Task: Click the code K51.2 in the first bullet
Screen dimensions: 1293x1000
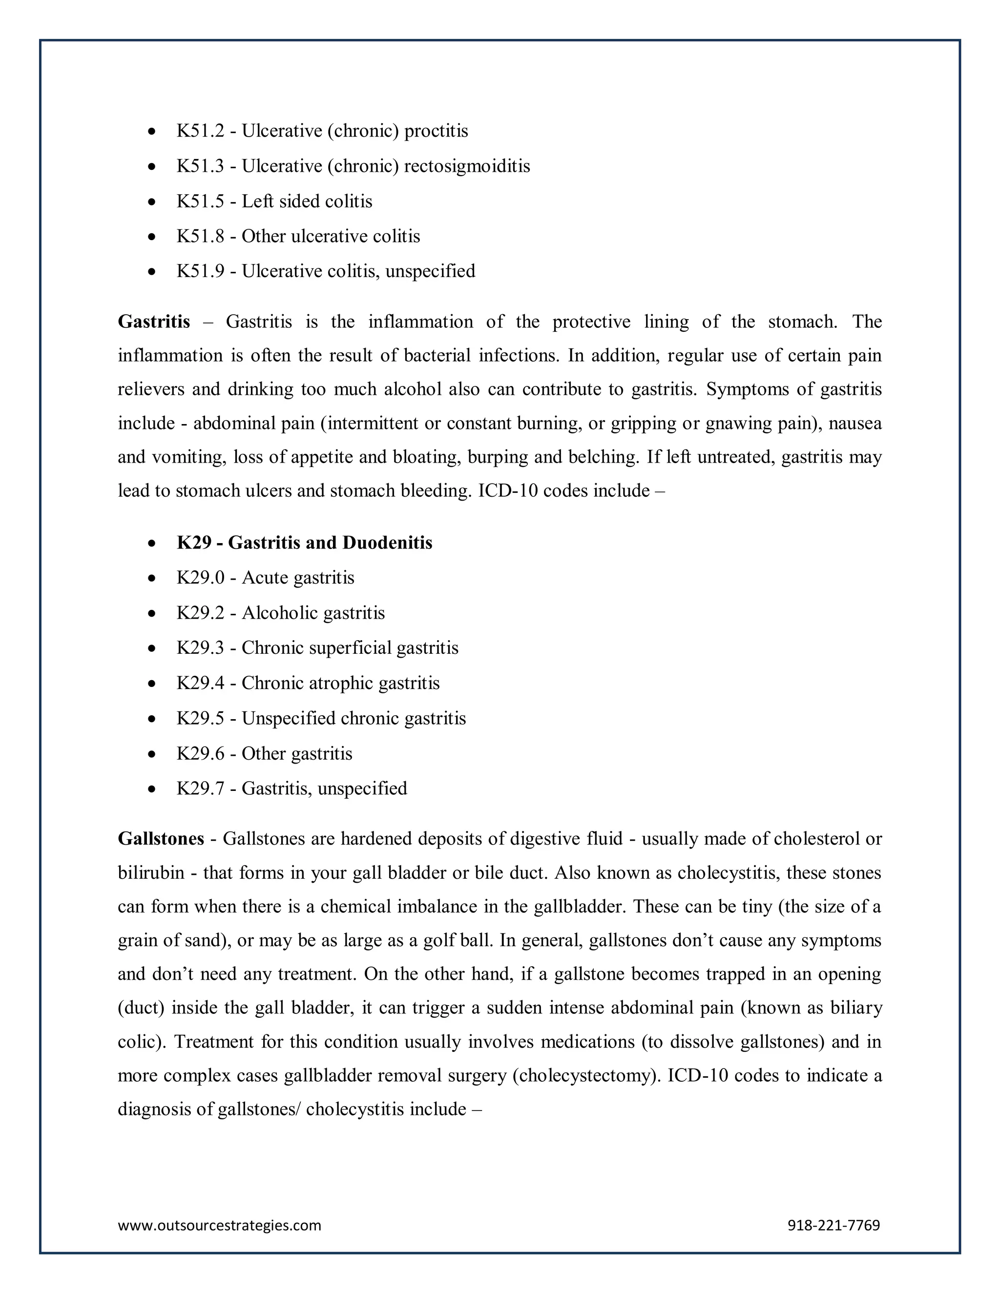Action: (x=200, y=131)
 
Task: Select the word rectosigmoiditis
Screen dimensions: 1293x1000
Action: (x=467, y=166)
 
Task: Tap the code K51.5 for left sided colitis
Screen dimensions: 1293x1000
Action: (x=200, y=202)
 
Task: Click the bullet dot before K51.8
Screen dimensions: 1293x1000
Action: (x=152, y=237)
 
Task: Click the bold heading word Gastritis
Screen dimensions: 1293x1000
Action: (x=154, y=322)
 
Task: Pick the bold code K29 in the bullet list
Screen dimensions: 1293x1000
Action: (x=194, y=543)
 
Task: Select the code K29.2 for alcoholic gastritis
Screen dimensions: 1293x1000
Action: (x=200, y=613)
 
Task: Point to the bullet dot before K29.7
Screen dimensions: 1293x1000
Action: (x=152, y=789)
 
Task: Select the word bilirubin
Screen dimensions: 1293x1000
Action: (x=151, y=873)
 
